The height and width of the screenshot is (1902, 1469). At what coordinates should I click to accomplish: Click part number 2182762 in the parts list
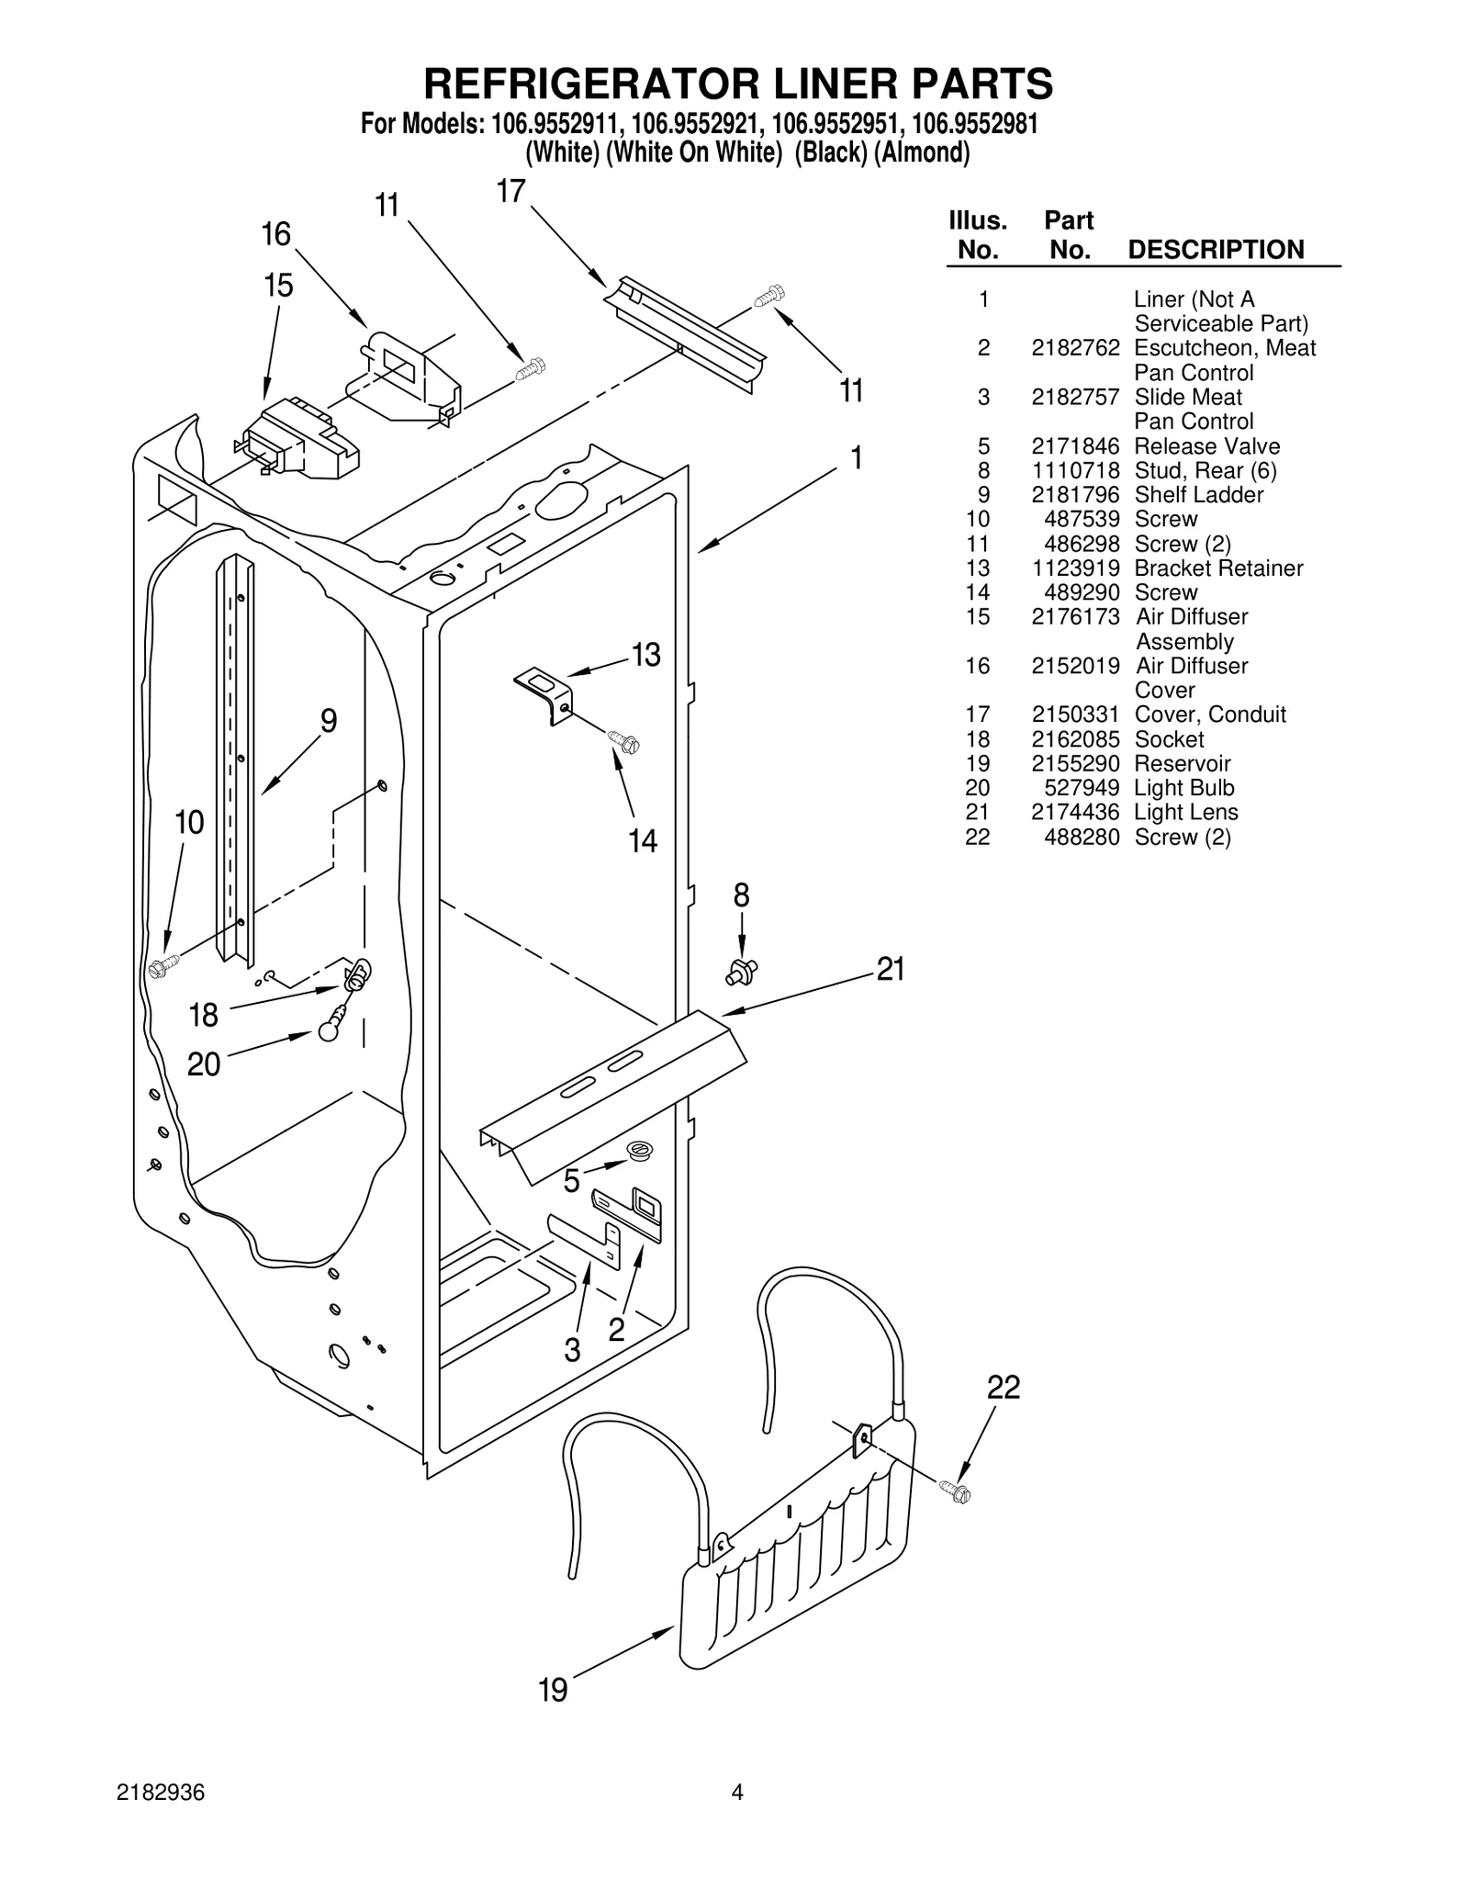click(1075, 348)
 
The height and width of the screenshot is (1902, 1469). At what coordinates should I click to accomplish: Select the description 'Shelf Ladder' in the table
click(1198, 495)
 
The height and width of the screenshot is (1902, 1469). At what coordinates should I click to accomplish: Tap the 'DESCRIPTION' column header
click(1215, 250)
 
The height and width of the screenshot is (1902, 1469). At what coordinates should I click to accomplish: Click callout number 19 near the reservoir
click(553, 1689)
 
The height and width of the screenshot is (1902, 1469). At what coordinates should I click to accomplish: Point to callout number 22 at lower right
click(1004, 1387)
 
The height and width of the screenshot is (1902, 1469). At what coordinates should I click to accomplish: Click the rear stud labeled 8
click(742, 970)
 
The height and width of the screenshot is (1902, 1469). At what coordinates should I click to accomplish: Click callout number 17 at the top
click(510, 191)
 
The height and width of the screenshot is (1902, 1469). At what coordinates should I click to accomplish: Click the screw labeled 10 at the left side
click(164, 966)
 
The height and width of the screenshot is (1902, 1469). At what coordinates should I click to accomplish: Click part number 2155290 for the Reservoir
click(1075, 764)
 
